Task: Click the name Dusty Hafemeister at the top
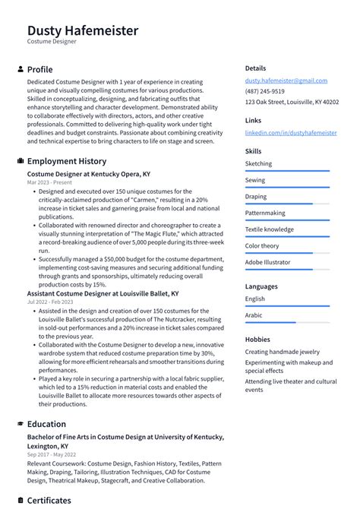point(83,30)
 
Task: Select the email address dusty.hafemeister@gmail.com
point(286,81)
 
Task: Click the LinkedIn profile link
point(291,132)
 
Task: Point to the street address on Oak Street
point(292,102)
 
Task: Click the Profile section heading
point(39,69)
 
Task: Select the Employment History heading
point(66,161)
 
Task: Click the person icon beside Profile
point(20,69)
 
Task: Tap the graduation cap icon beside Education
point(20,424)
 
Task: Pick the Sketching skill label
point(258,163)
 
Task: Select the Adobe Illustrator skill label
point(267,262)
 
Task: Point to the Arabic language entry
point(254,315)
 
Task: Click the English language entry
point(255,299)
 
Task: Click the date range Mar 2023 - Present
point(49,182)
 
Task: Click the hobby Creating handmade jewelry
point(282,352)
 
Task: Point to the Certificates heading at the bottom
point(49,501)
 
